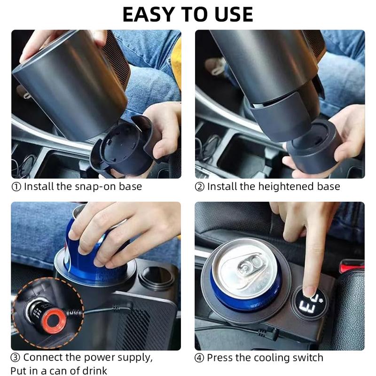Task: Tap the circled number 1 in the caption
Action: tap(16, 187)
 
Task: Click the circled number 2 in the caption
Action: tap(200, 187)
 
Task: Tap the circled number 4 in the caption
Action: tap(200, 358)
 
